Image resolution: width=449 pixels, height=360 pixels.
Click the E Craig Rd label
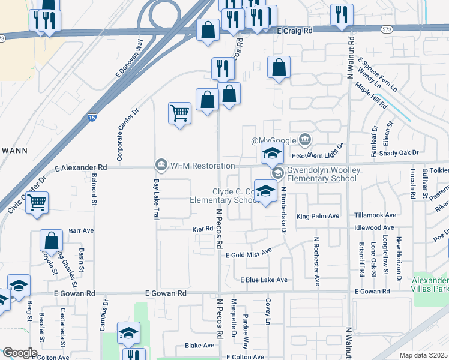pos(296,29)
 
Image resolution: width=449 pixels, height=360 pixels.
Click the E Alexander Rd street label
pos(80,168)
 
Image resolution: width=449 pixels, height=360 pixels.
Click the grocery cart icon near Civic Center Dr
pos(37,202)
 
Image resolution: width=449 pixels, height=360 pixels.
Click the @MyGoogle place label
pos(274,140)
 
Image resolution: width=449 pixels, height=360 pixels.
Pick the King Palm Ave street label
pos(318,216)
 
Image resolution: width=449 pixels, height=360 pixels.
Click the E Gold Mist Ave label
pos(249,255)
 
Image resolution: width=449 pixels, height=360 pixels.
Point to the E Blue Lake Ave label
pos(264,280)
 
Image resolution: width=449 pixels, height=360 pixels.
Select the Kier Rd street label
pos(203,229)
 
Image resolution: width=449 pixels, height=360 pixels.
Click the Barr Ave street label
pos(82,230)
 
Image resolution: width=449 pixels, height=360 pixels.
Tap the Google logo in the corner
pos(19,352)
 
